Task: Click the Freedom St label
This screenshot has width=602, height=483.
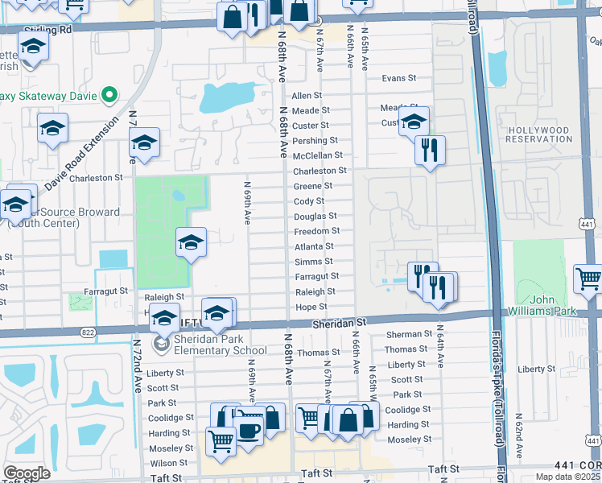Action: tap(315, 232)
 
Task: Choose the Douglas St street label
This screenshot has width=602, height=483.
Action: tap(315, 217)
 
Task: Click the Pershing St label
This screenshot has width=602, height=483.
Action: tap(309, 141)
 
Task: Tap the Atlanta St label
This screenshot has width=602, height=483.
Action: tap(314, 247)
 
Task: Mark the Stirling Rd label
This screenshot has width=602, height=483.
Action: tap(48, 29)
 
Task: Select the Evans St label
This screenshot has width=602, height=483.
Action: tap(398, 79)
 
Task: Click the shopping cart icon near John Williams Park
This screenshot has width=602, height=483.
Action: tap(588, 279)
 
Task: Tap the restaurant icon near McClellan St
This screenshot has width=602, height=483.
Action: tap(430, 149)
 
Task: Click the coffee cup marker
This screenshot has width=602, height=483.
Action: tap(249, 431)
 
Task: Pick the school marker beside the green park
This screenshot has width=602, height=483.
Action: tap(191, 242)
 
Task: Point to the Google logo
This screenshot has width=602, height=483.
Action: tap(27, 473)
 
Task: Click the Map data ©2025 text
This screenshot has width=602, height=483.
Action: tap(567, 477)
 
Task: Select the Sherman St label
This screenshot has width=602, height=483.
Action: tap(404, 334)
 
